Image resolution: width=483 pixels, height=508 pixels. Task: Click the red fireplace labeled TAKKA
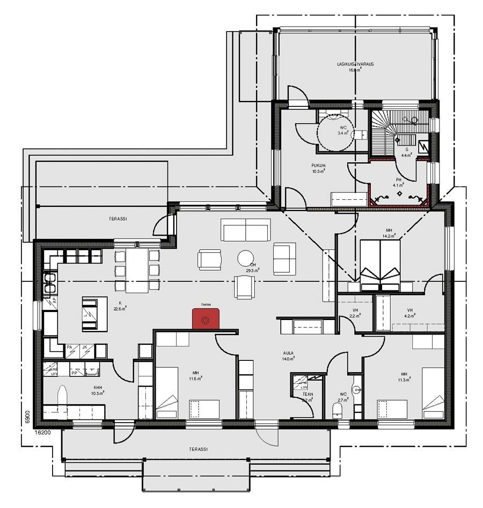(x=206, y=318)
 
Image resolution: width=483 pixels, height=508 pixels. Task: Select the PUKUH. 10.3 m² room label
(x=319, y=168)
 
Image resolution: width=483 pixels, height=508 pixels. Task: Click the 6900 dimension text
(x=25, y=418)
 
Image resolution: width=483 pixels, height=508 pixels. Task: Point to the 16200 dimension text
(x=43, y=431)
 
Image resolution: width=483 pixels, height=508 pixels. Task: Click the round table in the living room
(x=247, y=259)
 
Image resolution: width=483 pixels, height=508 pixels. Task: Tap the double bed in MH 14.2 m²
(x=380, y=265)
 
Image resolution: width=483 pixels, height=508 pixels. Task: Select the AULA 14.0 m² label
(x=289, y=355)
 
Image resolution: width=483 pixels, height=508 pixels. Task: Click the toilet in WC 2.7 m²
(x=338, y=411)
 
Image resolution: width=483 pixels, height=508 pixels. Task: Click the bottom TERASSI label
(x=199, y=449)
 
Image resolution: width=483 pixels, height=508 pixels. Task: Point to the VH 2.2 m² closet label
(x=355, y=313)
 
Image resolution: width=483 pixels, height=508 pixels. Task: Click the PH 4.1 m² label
(x=398, y=182)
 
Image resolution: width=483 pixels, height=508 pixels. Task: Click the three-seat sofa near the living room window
(x=246, y=233)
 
